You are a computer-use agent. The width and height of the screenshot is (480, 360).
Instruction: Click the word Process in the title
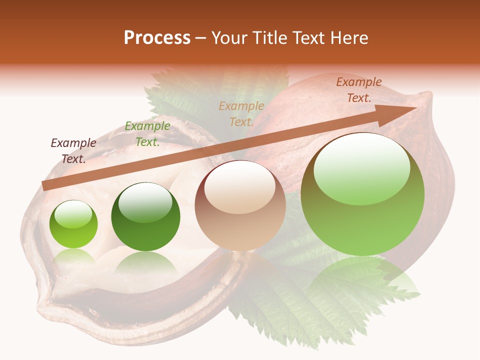(157, 38)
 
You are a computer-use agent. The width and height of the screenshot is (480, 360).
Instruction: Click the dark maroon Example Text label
(73, 151)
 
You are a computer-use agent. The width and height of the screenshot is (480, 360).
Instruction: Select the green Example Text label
(147, 134)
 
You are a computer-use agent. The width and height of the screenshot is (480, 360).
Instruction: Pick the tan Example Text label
(241, 113)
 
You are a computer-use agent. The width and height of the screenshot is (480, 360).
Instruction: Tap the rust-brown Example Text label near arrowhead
(359, 90)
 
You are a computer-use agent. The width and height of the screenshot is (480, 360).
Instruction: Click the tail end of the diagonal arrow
(45, 185)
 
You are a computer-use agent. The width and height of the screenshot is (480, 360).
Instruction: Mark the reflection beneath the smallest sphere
(73, 256)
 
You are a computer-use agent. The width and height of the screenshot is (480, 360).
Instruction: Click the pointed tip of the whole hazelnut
(427, 95)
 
